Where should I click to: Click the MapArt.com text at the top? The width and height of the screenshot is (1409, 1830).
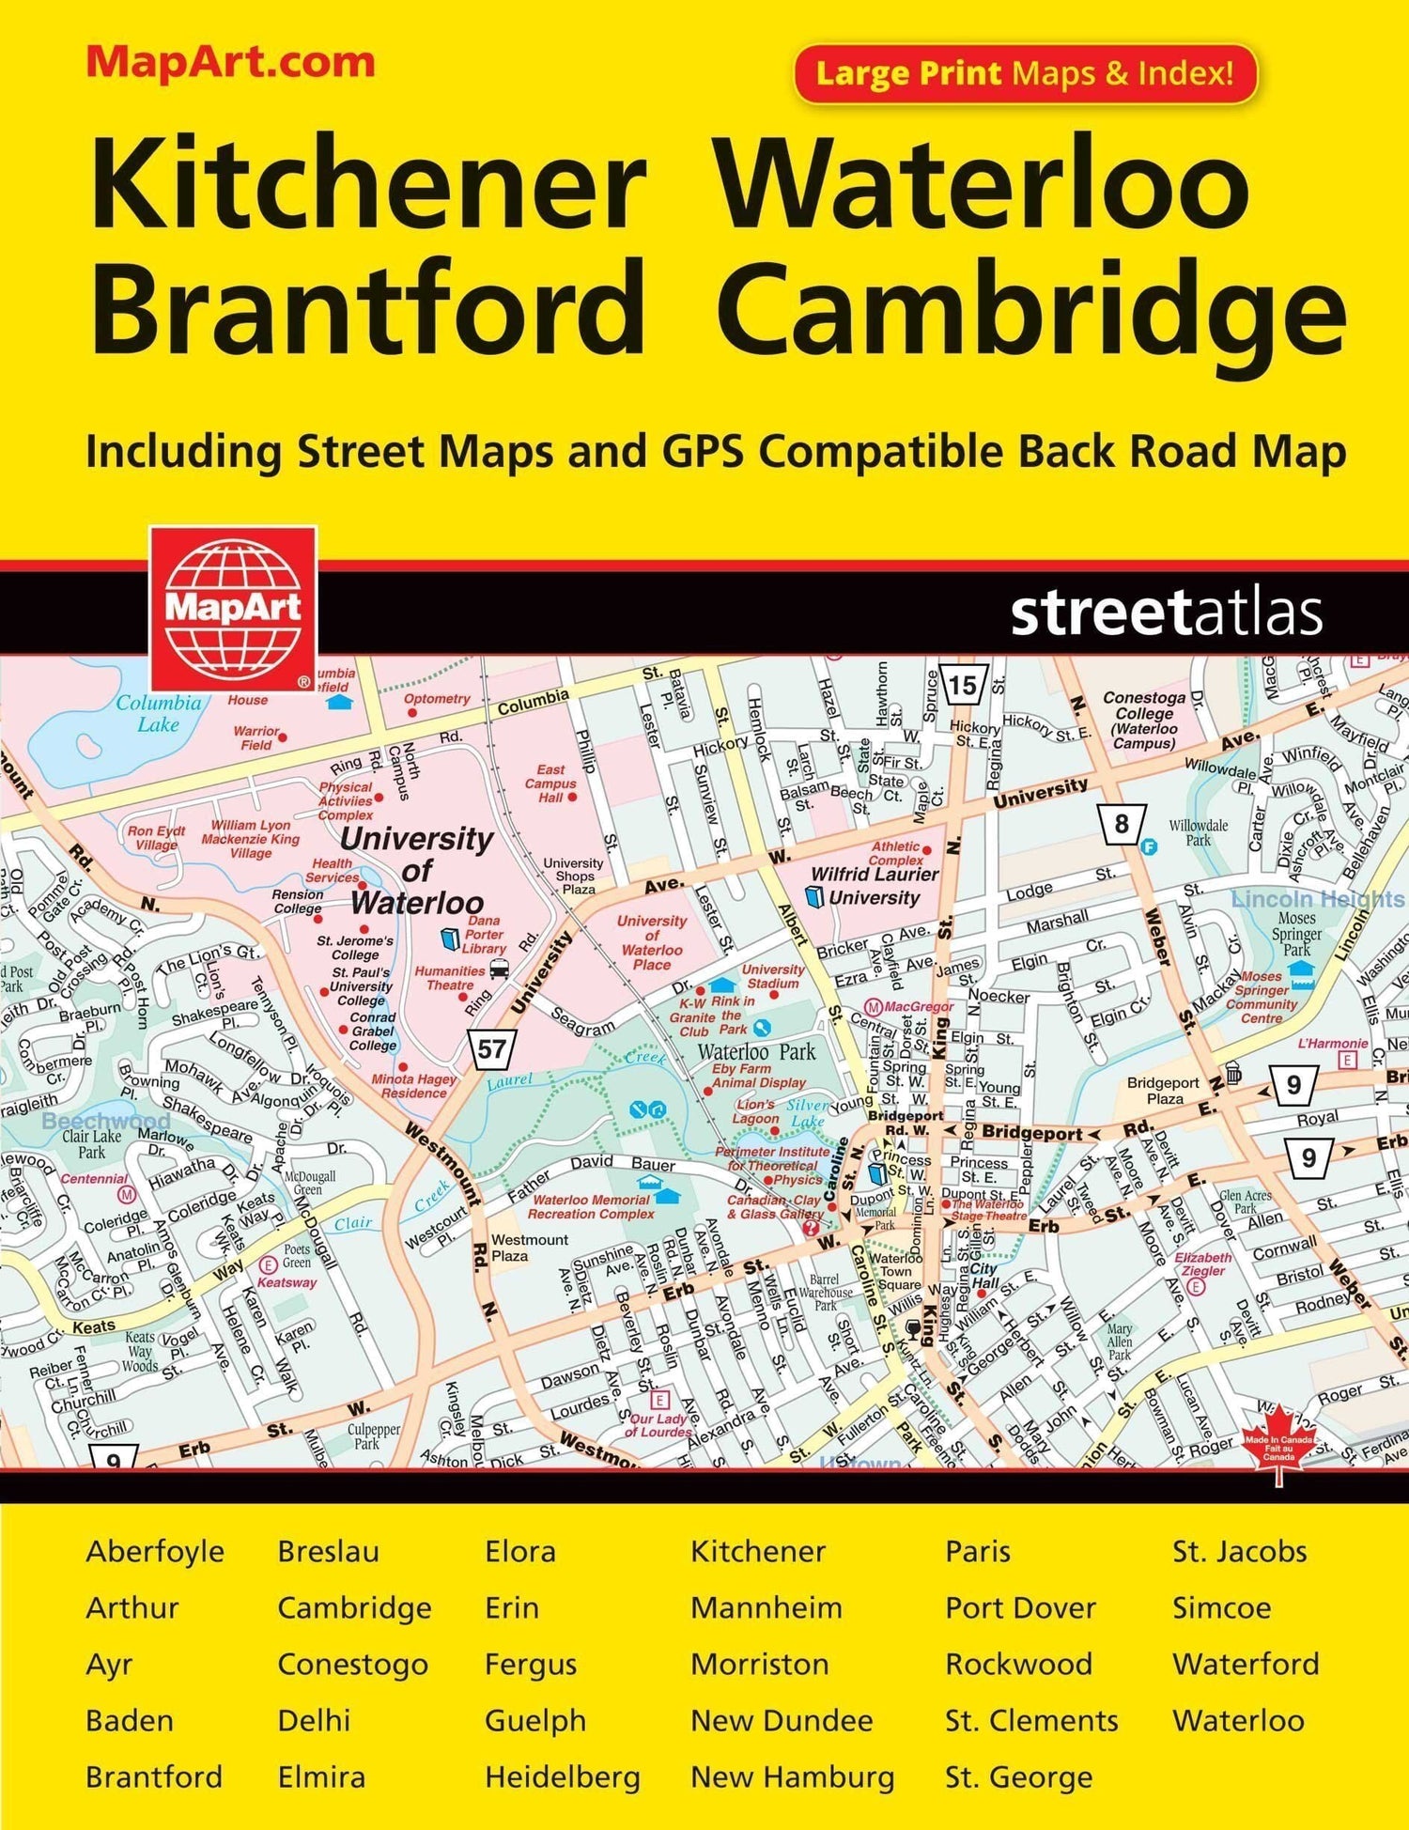[230, 63]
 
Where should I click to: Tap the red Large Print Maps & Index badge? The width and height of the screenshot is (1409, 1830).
[1025, 73]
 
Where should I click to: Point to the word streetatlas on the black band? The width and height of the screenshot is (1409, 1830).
[1166, 613]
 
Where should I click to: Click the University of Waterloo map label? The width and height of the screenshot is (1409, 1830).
[416, 870]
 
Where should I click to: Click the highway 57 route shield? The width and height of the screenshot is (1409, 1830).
[490, 1048]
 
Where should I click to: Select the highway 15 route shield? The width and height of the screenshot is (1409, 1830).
[962, 685]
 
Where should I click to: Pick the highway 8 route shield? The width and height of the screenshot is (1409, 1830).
[1121, 824]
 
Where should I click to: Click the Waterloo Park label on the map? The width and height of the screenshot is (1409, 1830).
[756, 1052]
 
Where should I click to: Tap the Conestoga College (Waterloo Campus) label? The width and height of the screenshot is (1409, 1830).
[1144, 720]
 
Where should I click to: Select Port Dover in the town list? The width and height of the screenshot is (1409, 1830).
[1020, 1607]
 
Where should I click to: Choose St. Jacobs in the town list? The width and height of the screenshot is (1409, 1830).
[1239, 1551]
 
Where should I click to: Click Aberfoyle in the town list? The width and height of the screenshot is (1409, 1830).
[155, 1551]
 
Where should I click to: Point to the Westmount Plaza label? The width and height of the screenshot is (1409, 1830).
[529, 1248]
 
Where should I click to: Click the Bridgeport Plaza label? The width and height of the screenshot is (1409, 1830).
[1164, 1091]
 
